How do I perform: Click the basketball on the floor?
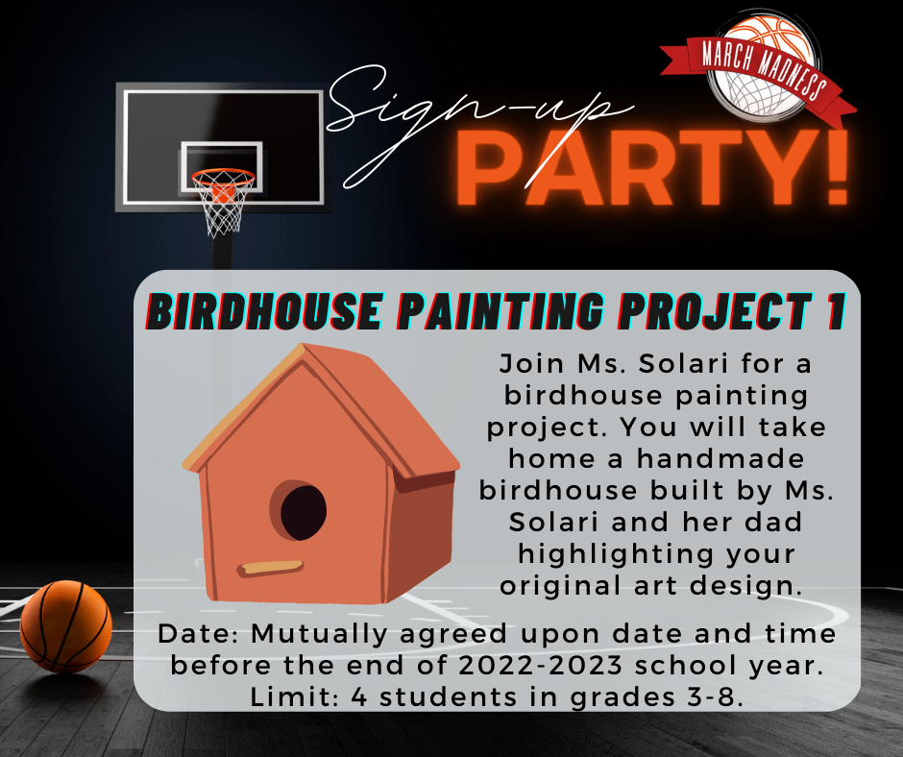[65, 626]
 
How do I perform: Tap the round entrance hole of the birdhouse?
[303, 512]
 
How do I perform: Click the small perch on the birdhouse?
[271, 568]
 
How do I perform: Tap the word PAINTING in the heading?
[501, 311]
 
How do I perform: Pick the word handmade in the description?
[720, 459]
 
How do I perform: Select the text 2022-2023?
[541, 666]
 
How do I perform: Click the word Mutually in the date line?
[320, 635]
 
